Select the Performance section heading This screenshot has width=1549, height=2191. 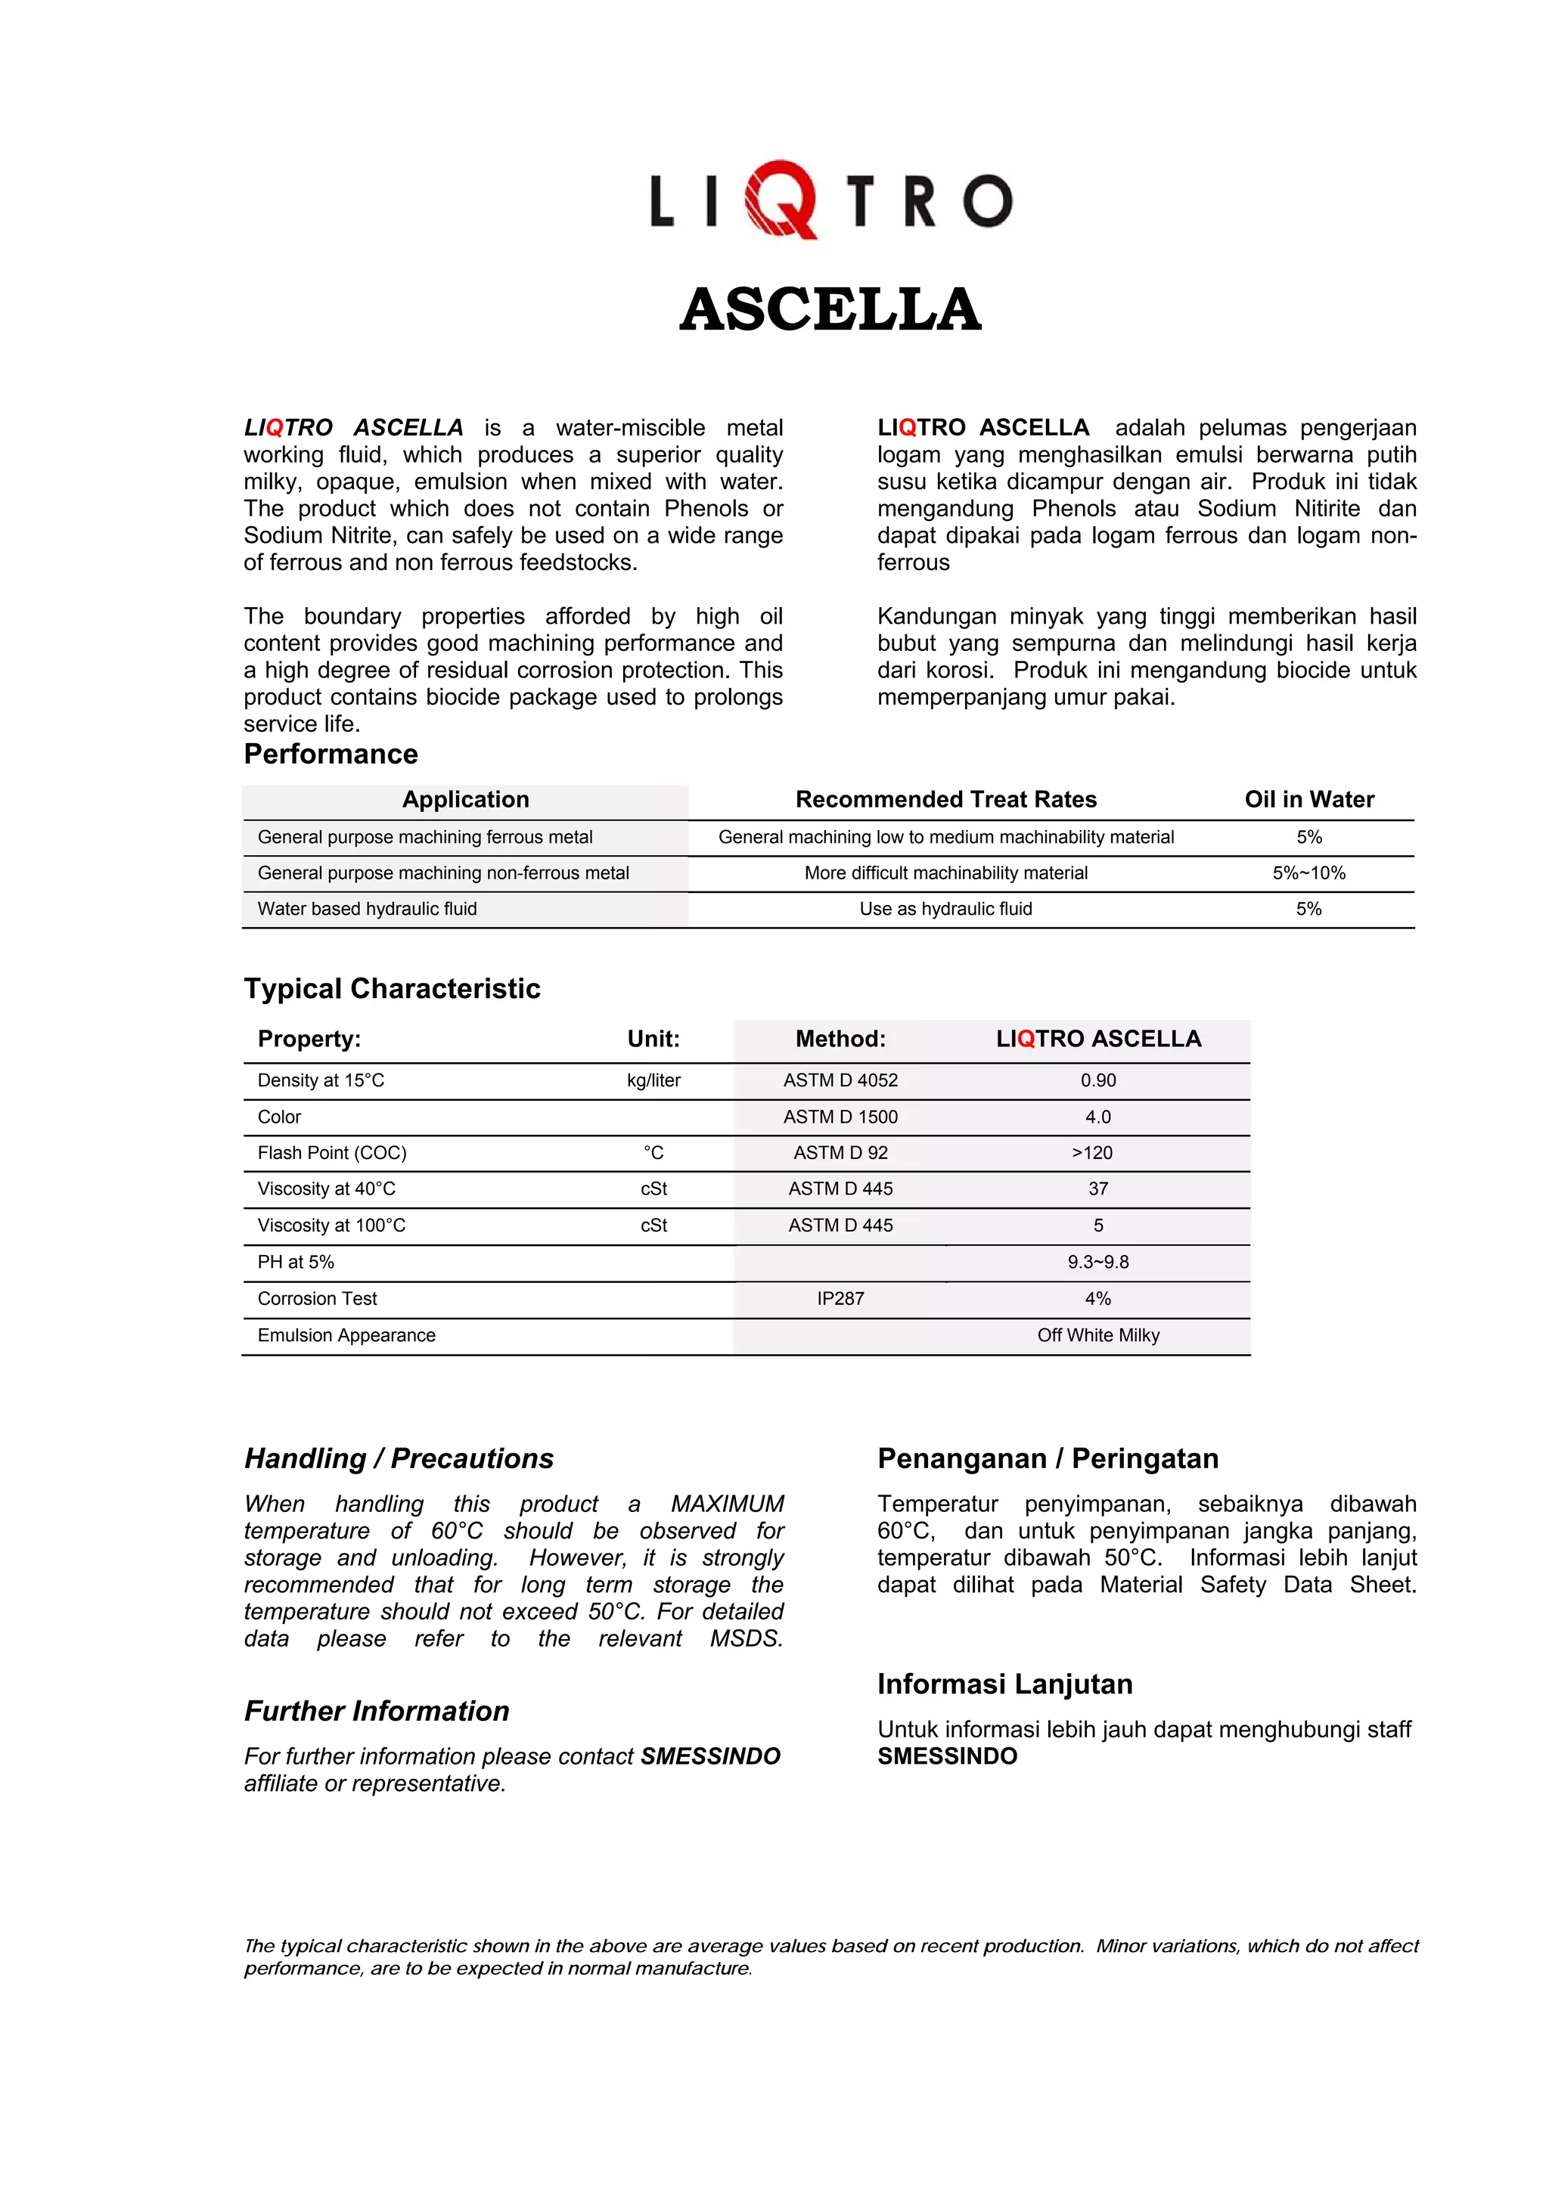(x=331, y=754)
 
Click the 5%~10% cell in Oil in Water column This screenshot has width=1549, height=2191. (x=1308, y=873)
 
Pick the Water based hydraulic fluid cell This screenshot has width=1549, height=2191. (x=367, y=910)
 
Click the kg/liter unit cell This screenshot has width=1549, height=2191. (x=653, y=1080)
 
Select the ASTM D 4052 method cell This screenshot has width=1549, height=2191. (x=840, y=1080)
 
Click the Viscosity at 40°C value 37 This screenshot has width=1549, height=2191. (x=1097, y=1189)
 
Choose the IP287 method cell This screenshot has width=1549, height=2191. (x=840, y=1299)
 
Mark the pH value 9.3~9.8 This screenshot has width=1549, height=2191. (x=1097, y=1263)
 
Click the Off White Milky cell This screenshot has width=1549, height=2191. (x=1097, y=1336)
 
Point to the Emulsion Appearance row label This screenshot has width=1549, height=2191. (x=346, y=1336)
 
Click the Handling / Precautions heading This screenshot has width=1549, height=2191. (x=398, y=1459)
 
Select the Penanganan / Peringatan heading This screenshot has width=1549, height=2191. (x=1047, y=1459)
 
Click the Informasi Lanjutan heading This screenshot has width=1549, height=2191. (x=1004, y=1684)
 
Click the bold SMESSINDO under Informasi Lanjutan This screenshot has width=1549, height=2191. (x=947, y=1757)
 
